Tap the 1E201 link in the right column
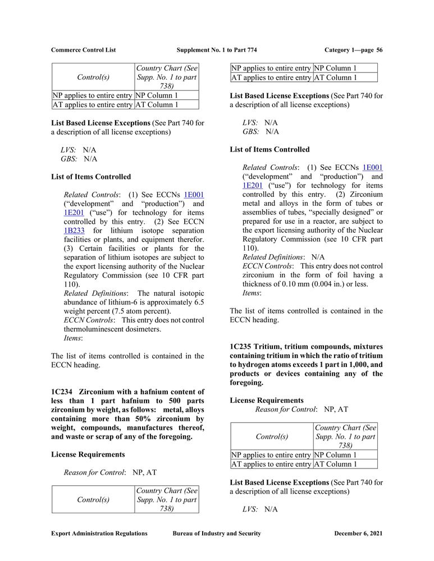252,185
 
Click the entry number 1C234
62,392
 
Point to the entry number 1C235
241,347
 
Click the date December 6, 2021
358,534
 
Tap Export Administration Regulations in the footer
99,534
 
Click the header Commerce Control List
83,50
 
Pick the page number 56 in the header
380,50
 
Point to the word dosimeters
145,329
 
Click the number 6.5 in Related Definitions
198,302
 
